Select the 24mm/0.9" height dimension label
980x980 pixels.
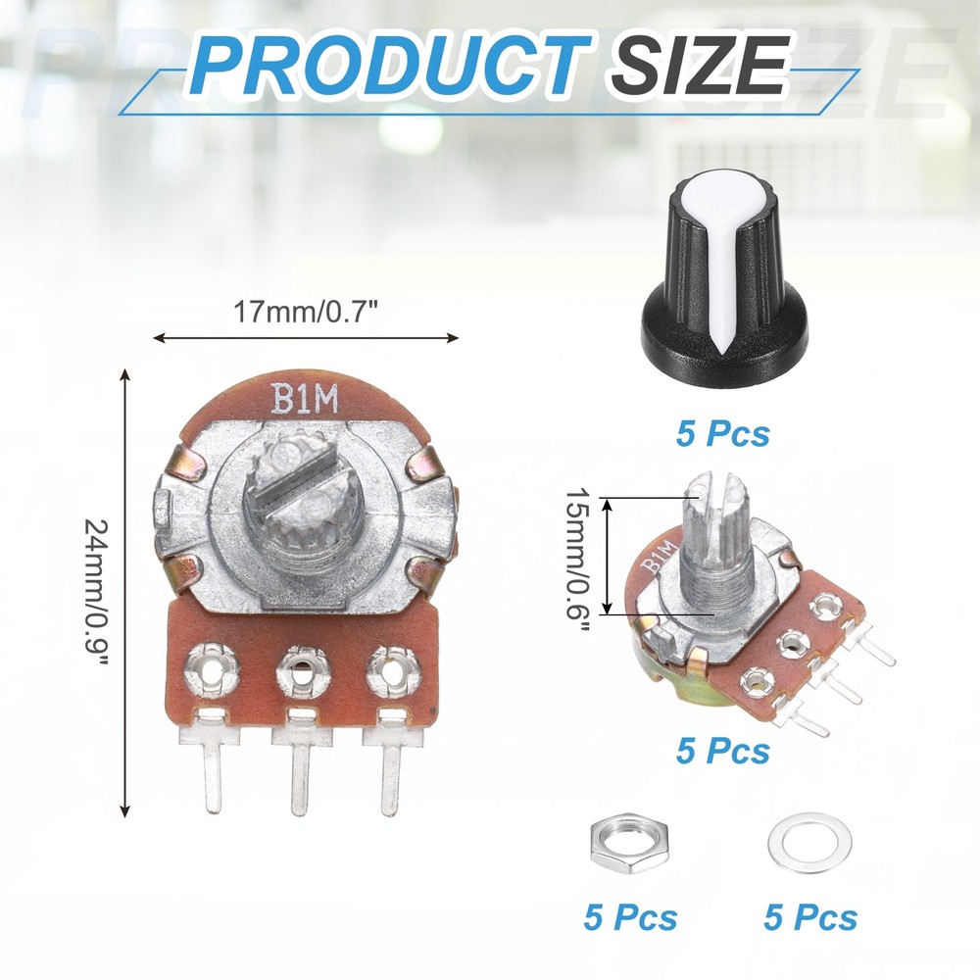98,592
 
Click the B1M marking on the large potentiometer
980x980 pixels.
304,399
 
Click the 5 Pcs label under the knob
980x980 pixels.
722,432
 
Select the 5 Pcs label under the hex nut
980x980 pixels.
630,917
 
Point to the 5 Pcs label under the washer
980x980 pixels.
810,917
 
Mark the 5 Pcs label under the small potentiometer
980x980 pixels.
722,751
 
